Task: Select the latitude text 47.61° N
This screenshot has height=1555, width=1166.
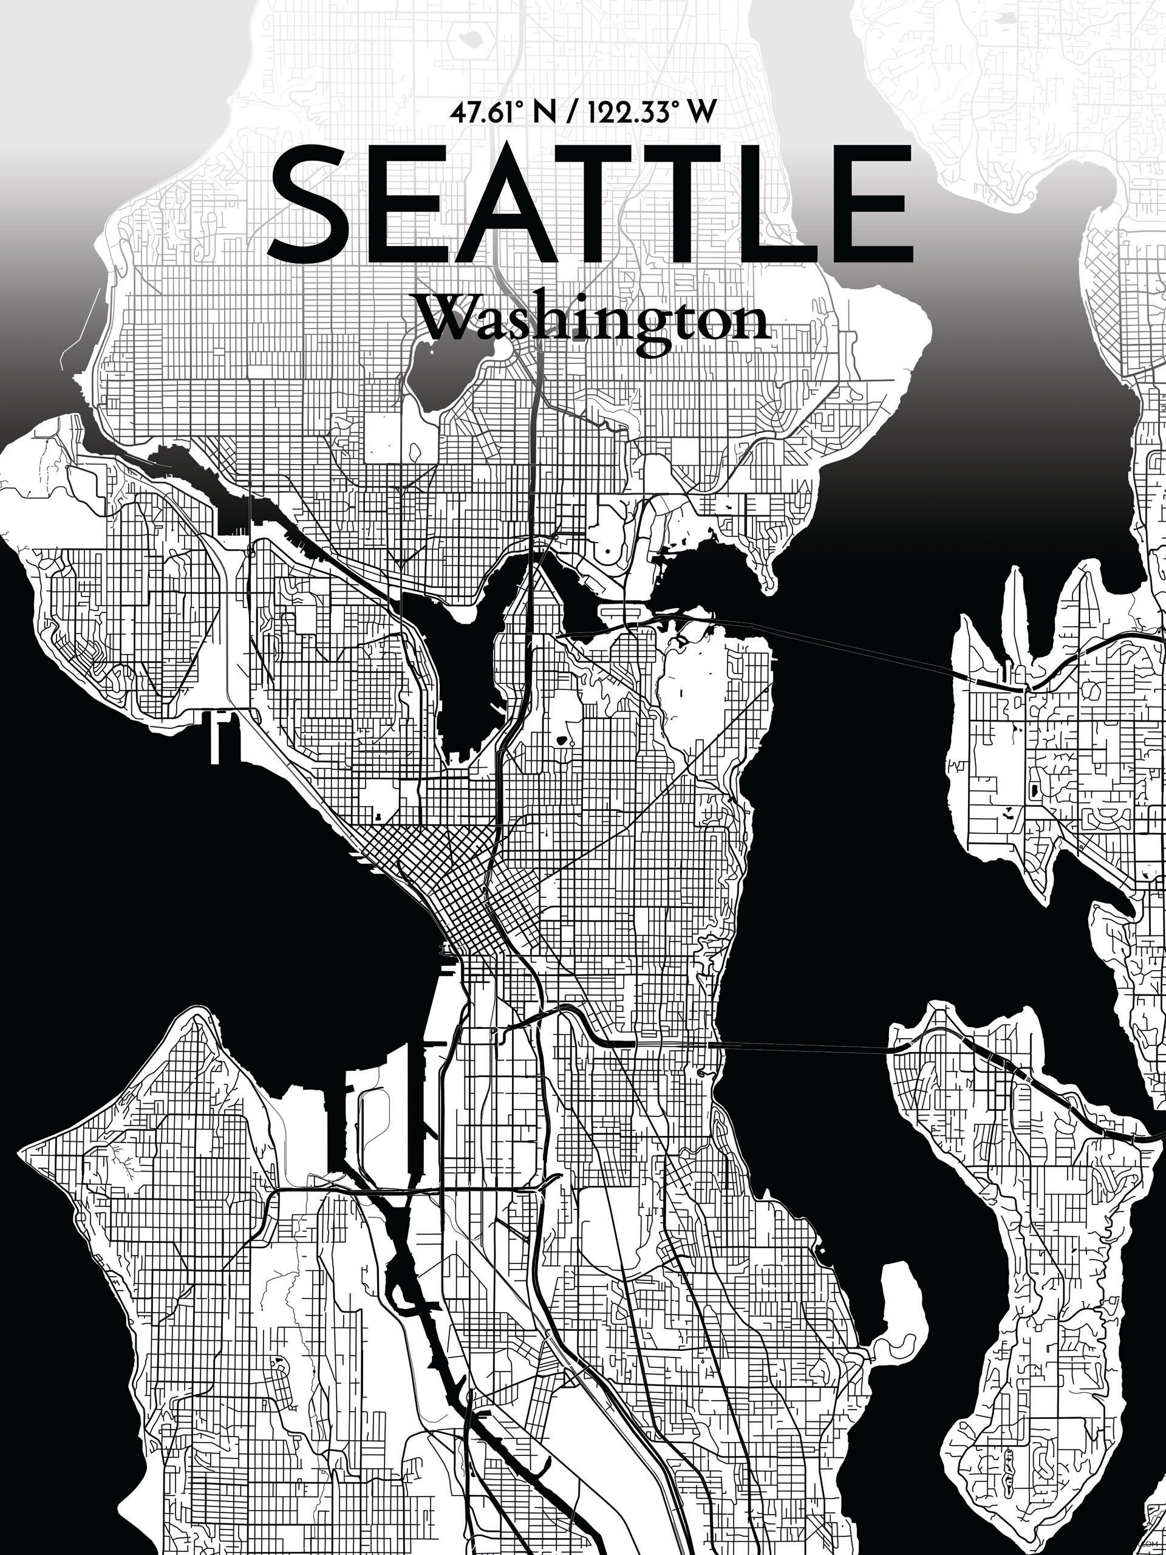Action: point(488,113)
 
